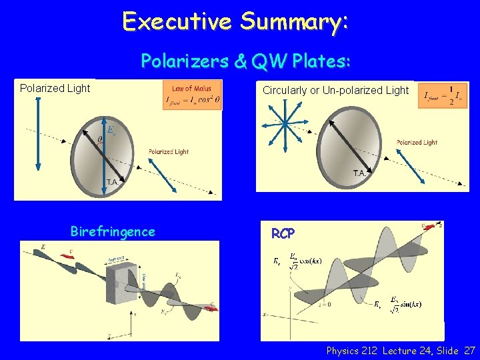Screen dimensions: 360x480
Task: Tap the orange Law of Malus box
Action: click(192, 95)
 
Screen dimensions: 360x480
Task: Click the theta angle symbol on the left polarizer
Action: click(99, 139)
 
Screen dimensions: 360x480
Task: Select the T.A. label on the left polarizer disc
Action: click(112, 181)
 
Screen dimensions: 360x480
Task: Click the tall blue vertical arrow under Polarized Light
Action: click(38, 133)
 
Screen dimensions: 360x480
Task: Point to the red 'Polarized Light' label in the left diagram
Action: click(168, 152)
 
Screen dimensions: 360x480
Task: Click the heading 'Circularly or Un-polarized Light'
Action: click(335, 90)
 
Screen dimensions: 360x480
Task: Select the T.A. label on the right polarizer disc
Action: click(359, 173)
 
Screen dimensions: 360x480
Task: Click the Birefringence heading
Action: click(113, 231)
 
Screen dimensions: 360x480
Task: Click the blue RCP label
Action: click(284, 233)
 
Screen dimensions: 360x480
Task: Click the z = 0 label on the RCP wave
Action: click(325, 305)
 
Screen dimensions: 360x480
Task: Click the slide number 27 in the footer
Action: click(469, 351)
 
